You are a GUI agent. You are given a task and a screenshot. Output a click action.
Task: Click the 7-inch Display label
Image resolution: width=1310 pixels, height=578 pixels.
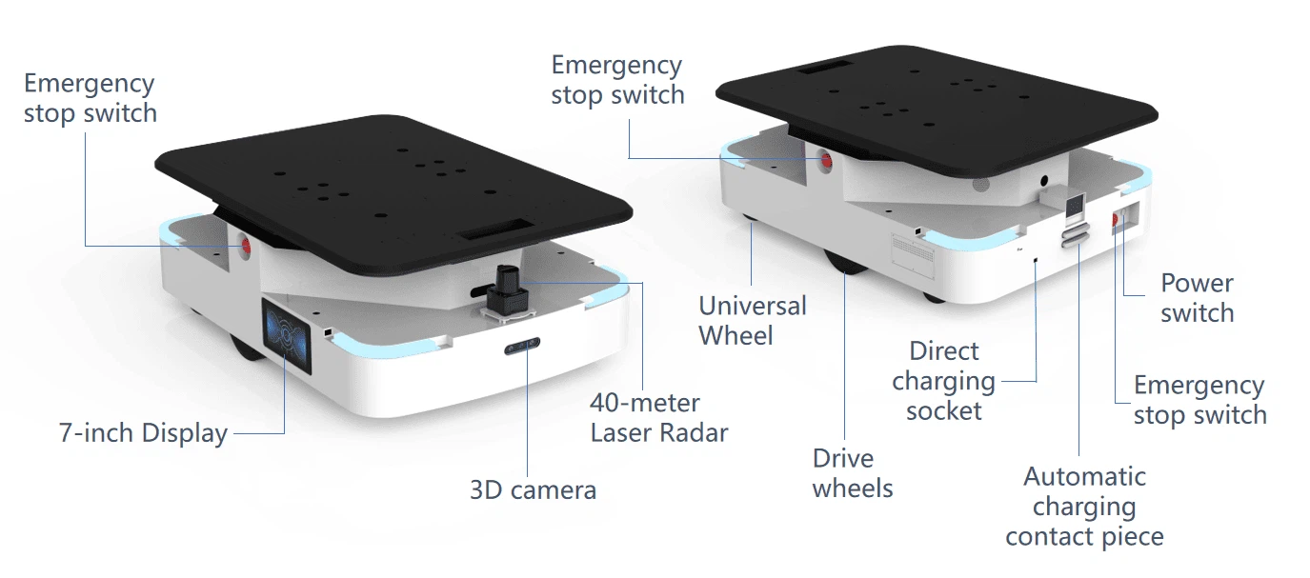(143, 433)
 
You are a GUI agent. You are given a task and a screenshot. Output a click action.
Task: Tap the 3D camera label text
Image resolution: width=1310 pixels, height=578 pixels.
(533, 489)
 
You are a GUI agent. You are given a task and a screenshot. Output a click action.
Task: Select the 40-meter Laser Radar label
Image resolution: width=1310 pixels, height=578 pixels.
(659, 418)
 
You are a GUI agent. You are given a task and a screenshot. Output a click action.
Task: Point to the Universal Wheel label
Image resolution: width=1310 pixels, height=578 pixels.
(753, 320)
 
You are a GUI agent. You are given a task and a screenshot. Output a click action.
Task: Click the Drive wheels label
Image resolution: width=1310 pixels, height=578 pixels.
(853, 473)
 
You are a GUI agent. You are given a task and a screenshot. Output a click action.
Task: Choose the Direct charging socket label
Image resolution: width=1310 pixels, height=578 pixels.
(943, 381)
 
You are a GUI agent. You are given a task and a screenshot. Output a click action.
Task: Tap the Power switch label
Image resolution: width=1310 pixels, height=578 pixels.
(1198, 298)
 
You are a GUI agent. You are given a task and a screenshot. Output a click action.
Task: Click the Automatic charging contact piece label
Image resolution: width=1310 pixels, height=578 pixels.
(1084, 507)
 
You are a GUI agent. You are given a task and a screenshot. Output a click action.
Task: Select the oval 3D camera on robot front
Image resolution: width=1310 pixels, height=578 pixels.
(522, 347)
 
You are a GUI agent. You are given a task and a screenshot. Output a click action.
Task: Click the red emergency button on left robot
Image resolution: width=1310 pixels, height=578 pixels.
(246, 246)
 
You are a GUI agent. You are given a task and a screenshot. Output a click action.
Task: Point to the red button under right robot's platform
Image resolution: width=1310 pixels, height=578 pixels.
(826, 161)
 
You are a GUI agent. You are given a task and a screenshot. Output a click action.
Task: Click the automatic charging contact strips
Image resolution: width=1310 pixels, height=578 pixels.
(1076, 234)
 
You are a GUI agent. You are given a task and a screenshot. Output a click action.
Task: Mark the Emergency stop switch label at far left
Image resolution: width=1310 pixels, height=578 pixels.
(91, 98)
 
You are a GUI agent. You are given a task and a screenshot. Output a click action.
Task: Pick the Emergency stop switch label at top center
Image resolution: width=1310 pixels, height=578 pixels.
(617, 80)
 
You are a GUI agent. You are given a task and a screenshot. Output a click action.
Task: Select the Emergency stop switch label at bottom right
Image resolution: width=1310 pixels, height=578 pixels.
(1200, 400)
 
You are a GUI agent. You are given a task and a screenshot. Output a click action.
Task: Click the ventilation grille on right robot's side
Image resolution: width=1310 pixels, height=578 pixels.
(913, 252)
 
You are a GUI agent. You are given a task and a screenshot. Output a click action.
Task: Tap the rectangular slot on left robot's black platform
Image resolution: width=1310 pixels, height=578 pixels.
(496, 229)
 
